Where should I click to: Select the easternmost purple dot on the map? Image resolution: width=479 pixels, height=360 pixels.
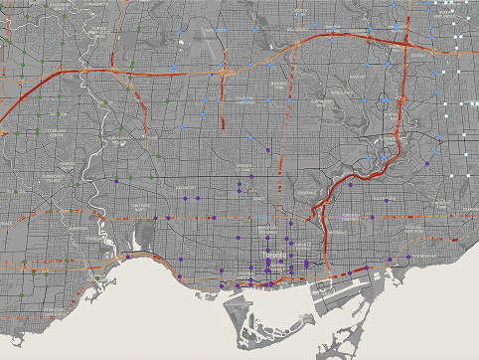click(408, 257)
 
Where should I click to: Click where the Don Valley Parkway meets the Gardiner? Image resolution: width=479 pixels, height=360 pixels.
click(318, 271)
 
